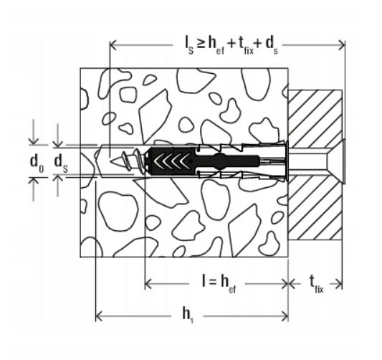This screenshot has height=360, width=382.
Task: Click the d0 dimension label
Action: pyautogui.click(x=37, y=162)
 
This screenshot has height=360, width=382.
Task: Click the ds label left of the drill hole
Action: pyautogui.click(x=61, y=162)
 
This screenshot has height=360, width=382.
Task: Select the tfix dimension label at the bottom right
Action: pyautogui.click(x=316, y=285)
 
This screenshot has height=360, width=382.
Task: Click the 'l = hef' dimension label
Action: pyautogui.click(x=219, y=284)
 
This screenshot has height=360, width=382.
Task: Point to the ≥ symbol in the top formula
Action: pyautogui.click(x=201, y=44)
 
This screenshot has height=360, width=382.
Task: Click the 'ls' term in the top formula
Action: pyautogui.click(x=189, y=46)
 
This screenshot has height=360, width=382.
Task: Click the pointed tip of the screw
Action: pyautogui.click(x=111, y=161)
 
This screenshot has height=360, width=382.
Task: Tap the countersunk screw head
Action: pyautogui.click(x=338, y=161)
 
